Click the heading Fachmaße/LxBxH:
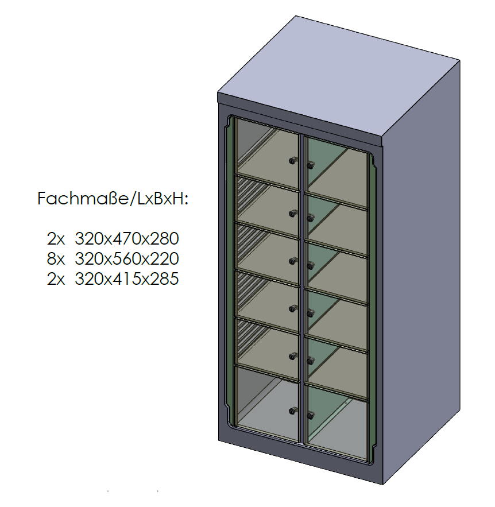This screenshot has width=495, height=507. pyautogui.click(x=113, y=199)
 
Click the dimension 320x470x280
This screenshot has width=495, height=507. pyautogui.click(x=127, y=239)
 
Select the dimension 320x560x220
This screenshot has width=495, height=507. pyautogui.click(x=127, y=259)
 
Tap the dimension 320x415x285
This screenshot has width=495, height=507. pyautogui.click(x=127, y=278)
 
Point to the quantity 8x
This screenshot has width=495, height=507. pyautogui.click(x=56, y=259)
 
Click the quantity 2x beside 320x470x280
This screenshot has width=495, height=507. pyautogui.click(x=56, y=239)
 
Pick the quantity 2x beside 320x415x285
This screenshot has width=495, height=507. pyautogui.click(x=56, y=278)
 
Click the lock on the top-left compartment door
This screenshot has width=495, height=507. pyautogui.click(x=293, y=160)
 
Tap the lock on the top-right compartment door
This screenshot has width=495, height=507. pyautogui.click(x=310, y=165)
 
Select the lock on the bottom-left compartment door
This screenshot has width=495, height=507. pyautogui.click(x=293, y=411)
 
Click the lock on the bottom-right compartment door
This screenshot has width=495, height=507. pyautogui.click(x=310, y=415)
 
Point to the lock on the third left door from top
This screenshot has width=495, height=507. pyautogui.click(x=293, y=261)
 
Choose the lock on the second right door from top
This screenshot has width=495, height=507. pyautogui.click(x=310, y=219)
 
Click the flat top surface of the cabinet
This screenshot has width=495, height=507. pyautogui.click(x=338, y=76)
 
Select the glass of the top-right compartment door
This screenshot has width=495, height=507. pyautogui.click(x=337, y=171)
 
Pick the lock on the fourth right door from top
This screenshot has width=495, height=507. pyautogui.click(x=310, y=313)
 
